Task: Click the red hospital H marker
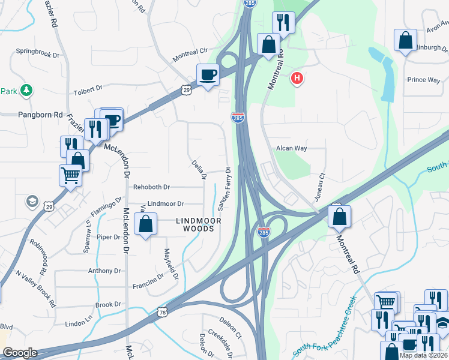(x=297, y=78)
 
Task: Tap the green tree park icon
(x=26, y=91)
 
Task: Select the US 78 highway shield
(x=163, y=313)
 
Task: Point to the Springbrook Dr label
(x=39, y=52)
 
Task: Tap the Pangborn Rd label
(x=40, y=114)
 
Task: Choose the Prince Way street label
(x=423, y=80)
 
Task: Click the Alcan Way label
(x=292, y=148)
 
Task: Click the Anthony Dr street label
(x=104, y=271)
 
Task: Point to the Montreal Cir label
(x=190, y=55)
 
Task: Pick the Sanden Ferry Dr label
(x=224, y=189)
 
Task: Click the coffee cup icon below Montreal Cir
(x=208, y=75)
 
